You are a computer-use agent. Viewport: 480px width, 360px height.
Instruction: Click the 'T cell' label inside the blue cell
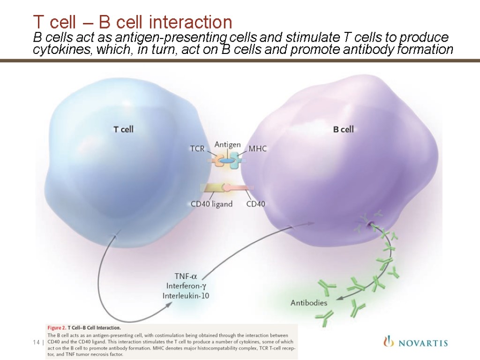(x=124, y=129)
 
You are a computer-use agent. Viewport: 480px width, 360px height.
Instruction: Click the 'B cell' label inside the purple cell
(x=343, y=129)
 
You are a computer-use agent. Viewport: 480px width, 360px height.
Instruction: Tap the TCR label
(x=197, y=149)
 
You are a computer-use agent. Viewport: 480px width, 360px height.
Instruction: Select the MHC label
(x=257, y=149)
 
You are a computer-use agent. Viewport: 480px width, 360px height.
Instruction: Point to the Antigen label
(x=227, y=144)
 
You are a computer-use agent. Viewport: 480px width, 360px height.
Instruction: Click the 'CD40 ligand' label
(x=211, y=204)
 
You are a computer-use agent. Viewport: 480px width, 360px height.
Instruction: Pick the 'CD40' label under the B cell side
(x=255, y=204)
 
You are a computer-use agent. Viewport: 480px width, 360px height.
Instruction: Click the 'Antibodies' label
(x=309, y=303)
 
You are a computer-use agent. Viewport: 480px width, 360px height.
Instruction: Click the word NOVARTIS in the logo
(x=422, y=343)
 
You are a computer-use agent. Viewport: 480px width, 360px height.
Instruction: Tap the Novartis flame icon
(x=388, y=342)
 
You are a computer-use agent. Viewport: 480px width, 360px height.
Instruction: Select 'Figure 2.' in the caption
(x=55, y=327)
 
